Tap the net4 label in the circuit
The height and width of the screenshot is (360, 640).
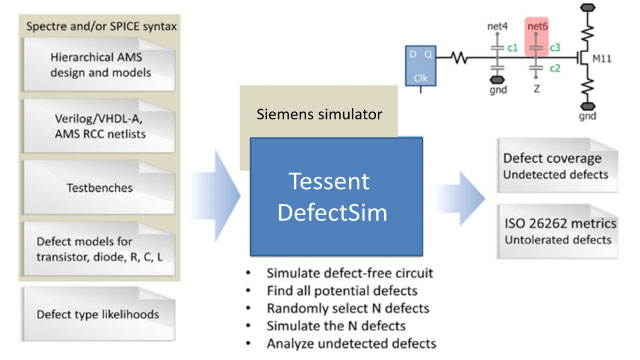tap(497, 25)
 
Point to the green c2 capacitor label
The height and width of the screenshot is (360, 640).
tap(553, 68)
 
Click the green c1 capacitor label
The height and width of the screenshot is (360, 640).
tap(512, 48)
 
